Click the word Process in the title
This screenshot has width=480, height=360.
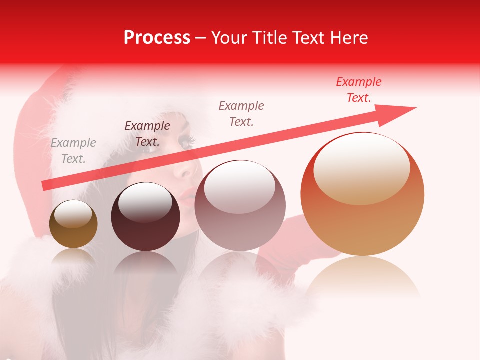pyautogui.click(x=157, y=38)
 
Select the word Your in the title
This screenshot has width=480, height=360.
pyautogui.click(x=228, y=38)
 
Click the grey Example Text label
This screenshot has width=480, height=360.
pyautogui.click(x=73, y=151)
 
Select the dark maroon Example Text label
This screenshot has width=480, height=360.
pyautogui.click(x=147, y=134)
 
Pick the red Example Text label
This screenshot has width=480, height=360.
pyautogui.click(x=359, y=90)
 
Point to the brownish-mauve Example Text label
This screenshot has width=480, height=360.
pyautogui.click(x=241, y=113)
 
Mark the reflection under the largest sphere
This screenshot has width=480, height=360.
pyautogui.click(x=363, y=277)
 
